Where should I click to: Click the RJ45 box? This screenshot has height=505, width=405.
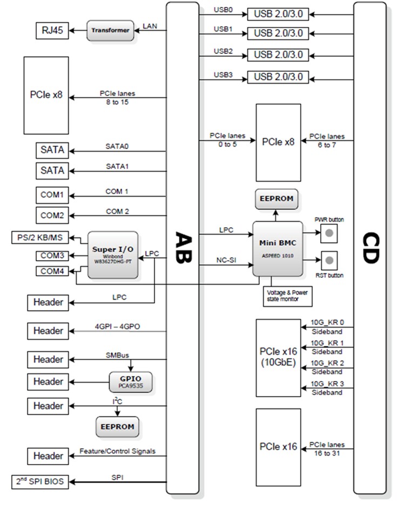[x=52, y=31]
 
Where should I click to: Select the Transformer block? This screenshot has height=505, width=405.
[x=110, y=31]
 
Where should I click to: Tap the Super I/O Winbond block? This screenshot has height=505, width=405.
[x=113, y=255]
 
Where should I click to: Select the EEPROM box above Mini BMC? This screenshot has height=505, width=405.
[x=276, y=199]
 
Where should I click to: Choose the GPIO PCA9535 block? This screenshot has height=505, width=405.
[x=131, y=381]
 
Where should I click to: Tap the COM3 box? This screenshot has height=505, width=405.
[x=52, y=255]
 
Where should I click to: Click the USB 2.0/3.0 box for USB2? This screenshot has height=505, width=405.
[x=278, y=55]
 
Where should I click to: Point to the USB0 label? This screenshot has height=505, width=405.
[x=223, y=10]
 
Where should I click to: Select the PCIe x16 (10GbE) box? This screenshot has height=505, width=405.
[x=278, y=357]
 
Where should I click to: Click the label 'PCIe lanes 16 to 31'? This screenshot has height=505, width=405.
[x=327, y=448]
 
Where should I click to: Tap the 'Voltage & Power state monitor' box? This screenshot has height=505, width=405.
[x=287, y=295]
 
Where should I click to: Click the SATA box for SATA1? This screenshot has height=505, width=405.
[x=52, y=170]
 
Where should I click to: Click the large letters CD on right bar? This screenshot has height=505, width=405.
[x=370, y=248]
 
